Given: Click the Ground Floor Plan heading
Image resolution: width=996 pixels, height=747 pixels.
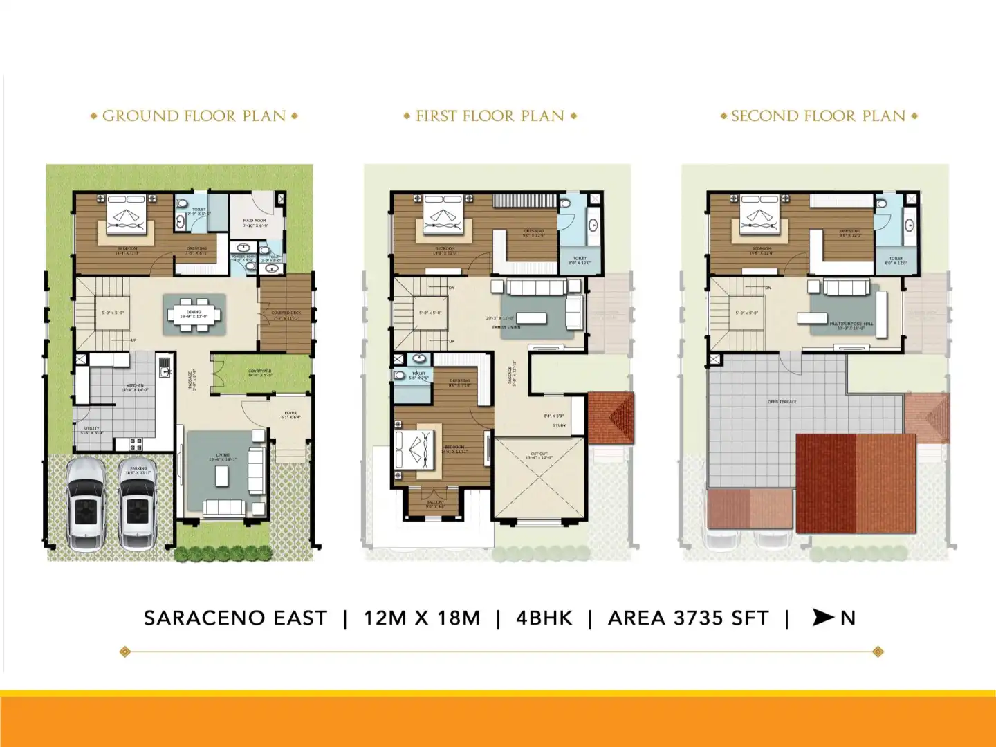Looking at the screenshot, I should [194, 116].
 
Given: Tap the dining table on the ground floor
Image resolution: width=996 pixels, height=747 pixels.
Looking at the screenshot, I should [194, 314].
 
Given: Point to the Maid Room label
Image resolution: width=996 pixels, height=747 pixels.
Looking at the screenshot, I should [255, 221].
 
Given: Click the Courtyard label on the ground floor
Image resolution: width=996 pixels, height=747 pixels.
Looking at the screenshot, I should [260, 371].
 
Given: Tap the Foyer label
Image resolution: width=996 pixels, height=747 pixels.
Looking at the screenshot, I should [290, 414].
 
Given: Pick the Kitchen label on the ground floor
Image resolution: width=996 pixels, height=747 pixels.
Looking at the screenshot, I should [135, 386].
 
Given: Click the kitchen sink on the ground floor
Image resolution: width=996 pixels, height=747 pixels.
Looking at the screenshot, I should [165, 367].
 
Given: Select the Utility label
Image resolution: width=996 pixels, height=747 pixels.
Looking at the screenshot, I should [92, 429].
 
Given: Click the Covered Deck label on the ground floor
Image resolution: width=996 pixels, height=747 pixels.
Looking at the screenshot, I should [286, 313].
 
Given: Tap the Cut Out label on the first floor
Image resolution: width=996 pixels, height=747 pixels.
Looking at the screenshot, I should [539, 454].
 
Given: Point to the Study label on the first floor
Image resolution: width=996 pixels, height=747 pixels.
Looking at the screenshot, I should [559, 425].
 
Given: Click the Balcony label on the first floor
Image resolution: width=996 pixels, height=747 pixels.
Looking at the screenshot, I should [435, 503].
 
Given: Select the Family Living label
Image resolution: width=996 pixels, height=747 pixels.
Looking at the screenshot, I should [506, 327].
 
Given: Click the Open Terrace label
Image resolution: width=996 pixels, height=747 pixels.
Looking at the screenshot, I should [782, 402].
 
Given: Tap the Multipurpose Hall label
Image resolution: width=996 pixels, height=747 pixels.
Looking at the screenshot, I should [851, 324].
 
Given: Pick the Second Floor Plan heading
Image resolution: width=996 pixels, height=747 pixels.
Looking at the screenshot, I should [818, 116].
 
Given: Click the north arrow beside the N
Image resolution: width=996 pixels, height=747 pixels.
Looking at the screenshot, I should [823, 617].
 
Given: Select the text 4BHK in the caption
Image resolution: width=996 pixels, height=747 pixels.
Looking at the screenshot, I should [544, 618].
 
